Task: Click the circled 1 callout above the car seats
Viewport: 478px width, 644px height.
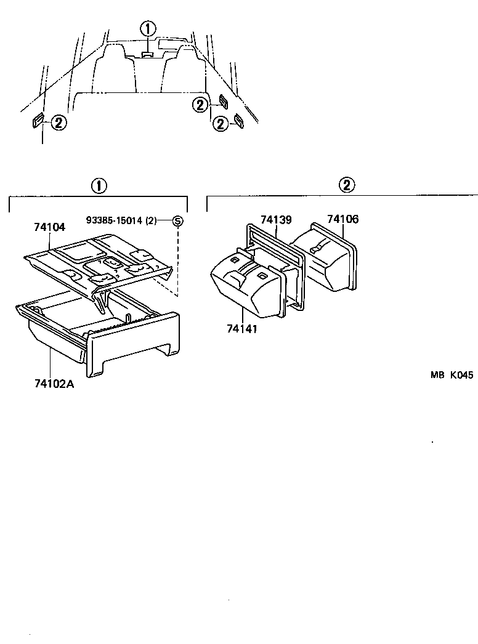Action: (148, 28)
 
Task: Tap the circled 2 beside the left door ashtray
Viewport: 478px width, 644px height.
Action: (57, 123)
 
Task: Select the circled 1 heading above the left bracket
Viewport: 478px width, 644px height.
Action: (98, 185)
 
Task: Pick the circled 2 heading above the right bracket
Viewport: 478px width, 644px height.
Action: (347, 185)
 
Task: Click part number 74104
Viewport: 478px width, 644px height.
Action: (49, 227)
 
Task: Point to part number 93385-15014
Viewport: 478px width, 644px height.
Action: (114, 220)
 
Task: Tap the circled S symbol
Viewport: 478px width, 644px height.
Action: (177, 220)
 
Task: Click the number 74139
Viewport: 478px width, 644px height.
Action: (276, 220)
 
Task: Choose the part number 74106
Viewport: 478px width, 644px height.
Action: (342, 219)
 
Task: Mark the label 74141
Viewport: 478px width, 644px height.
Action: (241, 329)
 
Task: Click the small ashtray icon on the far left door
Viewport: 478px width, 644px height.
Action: (38, 121)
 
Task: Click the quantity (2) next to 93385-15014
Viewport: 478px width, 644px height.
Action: (150, 220)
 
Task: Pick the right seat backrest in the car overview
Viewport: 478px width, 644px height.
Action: (183, 68)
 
